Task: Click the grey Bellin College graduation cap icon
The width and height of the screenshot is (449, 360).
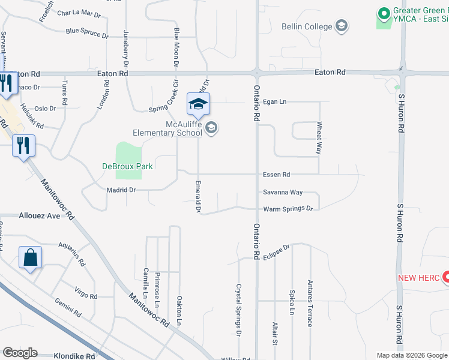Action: point(342,25)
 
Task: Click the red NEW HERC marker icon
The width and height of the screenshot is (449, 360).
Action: point(446,277)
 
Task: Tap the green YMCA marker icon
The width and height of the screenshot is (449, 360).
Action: point(383,13)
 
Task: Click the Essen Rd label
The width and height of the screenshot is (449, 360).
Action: point(277,175)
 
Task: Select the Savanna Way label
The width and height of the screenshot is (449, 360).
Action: point(283,193)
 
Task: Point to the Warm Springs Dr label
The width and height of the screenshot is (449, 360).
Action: point(288,209)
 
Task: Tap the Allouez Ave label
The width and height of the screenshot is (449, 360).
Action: point(40,215)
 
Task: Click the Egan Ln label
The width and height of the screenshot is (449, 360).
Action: point(276,102)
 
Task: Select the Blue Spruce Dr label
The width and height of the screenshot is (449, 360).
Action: point(87,32)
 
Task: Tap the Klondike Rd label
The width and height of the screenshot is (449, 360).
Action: point(74,356)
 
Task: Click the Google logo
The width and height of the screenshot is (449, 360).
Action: point(20,353)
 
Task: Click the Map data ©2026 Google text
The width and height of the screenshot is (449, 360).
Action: point(411,355)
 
